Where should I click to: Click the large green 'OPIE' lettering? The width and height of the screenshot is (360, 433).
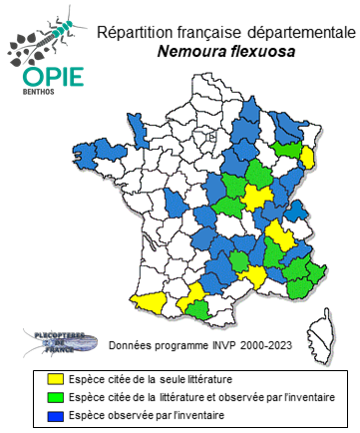[x=46, y=76]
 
